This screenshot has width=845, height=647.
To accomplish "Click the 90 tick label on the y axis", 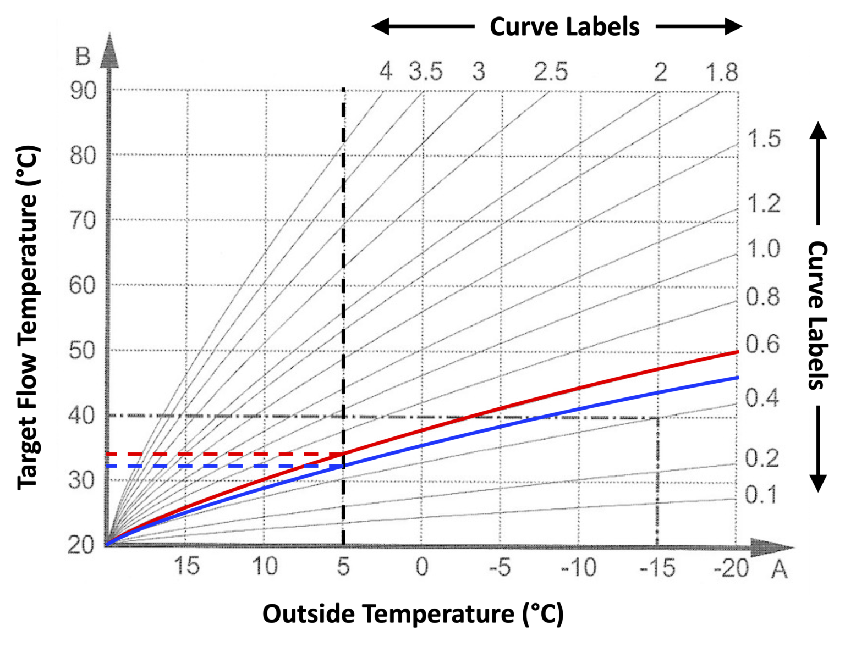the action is point(83,91).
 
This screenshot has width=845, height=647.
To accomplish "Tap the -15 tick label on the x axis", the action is point(657,567).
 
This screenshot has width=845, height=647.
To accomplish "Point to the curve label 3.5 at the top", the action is point(425,71).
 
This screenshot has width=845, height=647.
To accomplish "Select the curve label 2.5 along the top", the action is point(551,71).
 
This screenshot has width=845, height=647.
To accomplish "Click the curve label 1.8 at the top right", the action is point(722,72).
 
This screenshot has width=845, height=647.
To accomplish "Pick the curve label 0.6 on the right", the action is point(762,344).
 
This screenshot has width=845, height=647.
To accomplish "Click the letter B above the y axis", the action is point(83,57).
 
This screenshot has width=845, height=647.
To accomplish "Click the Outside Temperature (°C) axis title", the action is point(413,614).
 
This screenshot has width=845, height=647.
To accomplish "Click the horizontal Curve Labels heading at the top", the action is point(564,27).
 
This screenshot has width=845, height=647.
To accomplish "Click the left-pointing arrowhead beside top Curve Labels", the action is point(380,26).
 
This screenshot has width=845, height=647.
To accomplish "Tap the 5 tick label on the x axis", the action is point(343,567).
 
